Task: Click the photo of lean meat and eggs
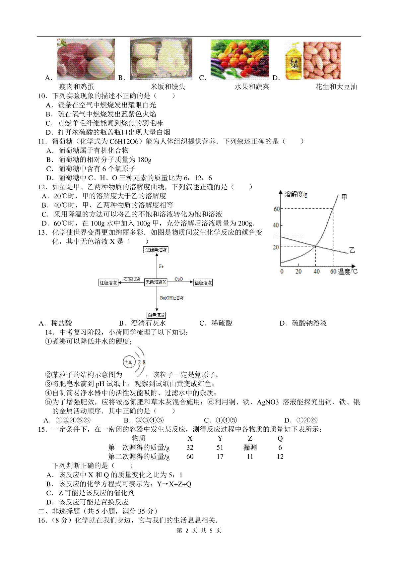(x=86, y=59)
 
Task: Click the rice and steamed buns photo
(x=161, y=59)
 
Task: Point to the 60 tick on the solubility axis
(x=277, y=209)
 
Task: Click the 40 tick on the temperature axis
(x=316, y=272)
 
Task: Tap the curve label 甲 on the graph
(x=344, y=197)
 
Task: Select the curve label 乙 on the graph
(x=352, y=250)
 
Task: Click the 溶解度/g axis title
(x=296, y=194)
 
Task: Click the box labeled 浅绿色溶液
(x=156, y=250)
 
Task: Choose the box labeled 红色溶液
(x=108, y=283)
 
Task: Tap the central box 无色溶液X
(x=156, y=282)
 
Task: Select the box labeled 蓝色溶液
(x=203, y=283)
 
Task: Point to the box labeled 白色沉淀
(x=157, y=315)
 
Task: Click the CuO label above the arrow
(x=179, y=279)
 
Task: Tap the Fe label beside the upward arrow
(x=161, y=266)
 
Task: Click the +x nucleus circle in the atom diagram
(x=128, y=362)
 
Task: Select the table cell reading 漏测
(x=250, y=448)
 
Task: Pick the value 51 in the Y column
(x=220, y=448)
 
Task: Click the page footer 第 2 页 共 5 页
(x=199, y=531)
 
